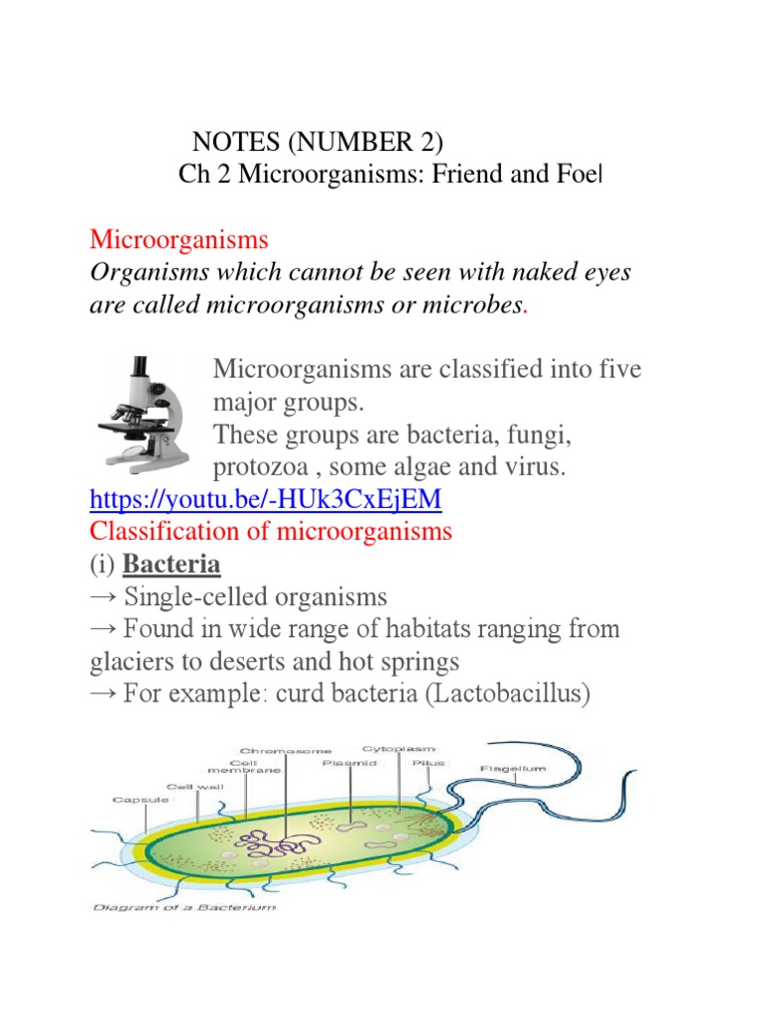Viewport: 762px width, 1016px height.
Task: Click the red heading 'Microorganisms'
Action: point(180,239)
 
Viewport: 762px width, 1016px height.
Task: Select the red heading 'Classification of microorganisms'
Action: point(271,532)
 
